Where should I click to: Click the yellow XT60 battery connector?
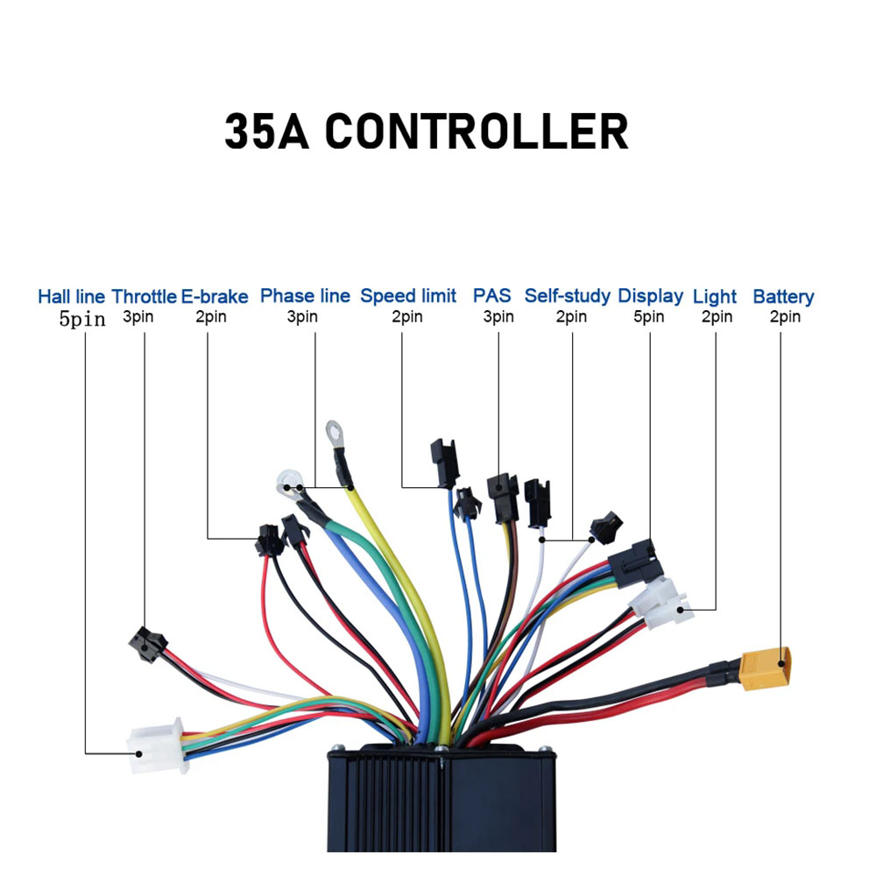click(766, 668)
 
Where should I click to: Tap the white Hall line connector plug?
click(157, 746)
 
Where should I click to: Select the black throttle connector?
click(147, 645)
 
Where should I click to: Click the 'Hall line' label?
click(72, 297)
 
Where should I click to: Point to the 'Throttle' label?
click(145, 297)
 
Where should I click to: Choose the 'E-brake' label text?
click(215, 297)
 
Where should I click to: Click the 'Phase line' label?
click(305, 295)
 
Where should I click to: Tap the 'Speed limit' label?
click(408, 295)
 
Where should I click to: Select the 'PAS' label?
click(491, 295)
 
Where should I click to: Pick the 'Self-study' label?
click(568, 295)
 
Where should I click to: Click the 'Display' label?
click(650, 296)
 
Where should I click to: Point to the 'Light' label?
click(715, 297)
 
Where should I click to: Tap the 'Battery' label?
click(783, 297)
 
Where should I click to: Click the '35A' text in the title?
click(266, 132)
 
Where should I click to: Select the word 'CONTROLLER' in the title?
click(477, 132)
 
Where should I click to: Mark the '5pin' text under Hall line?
click(82, 320)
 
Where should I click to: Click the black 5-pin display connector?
click(635, 563)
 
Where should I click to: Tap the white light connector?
click(662, 604)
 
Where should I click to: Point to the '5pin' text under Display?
click(648, 317)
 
